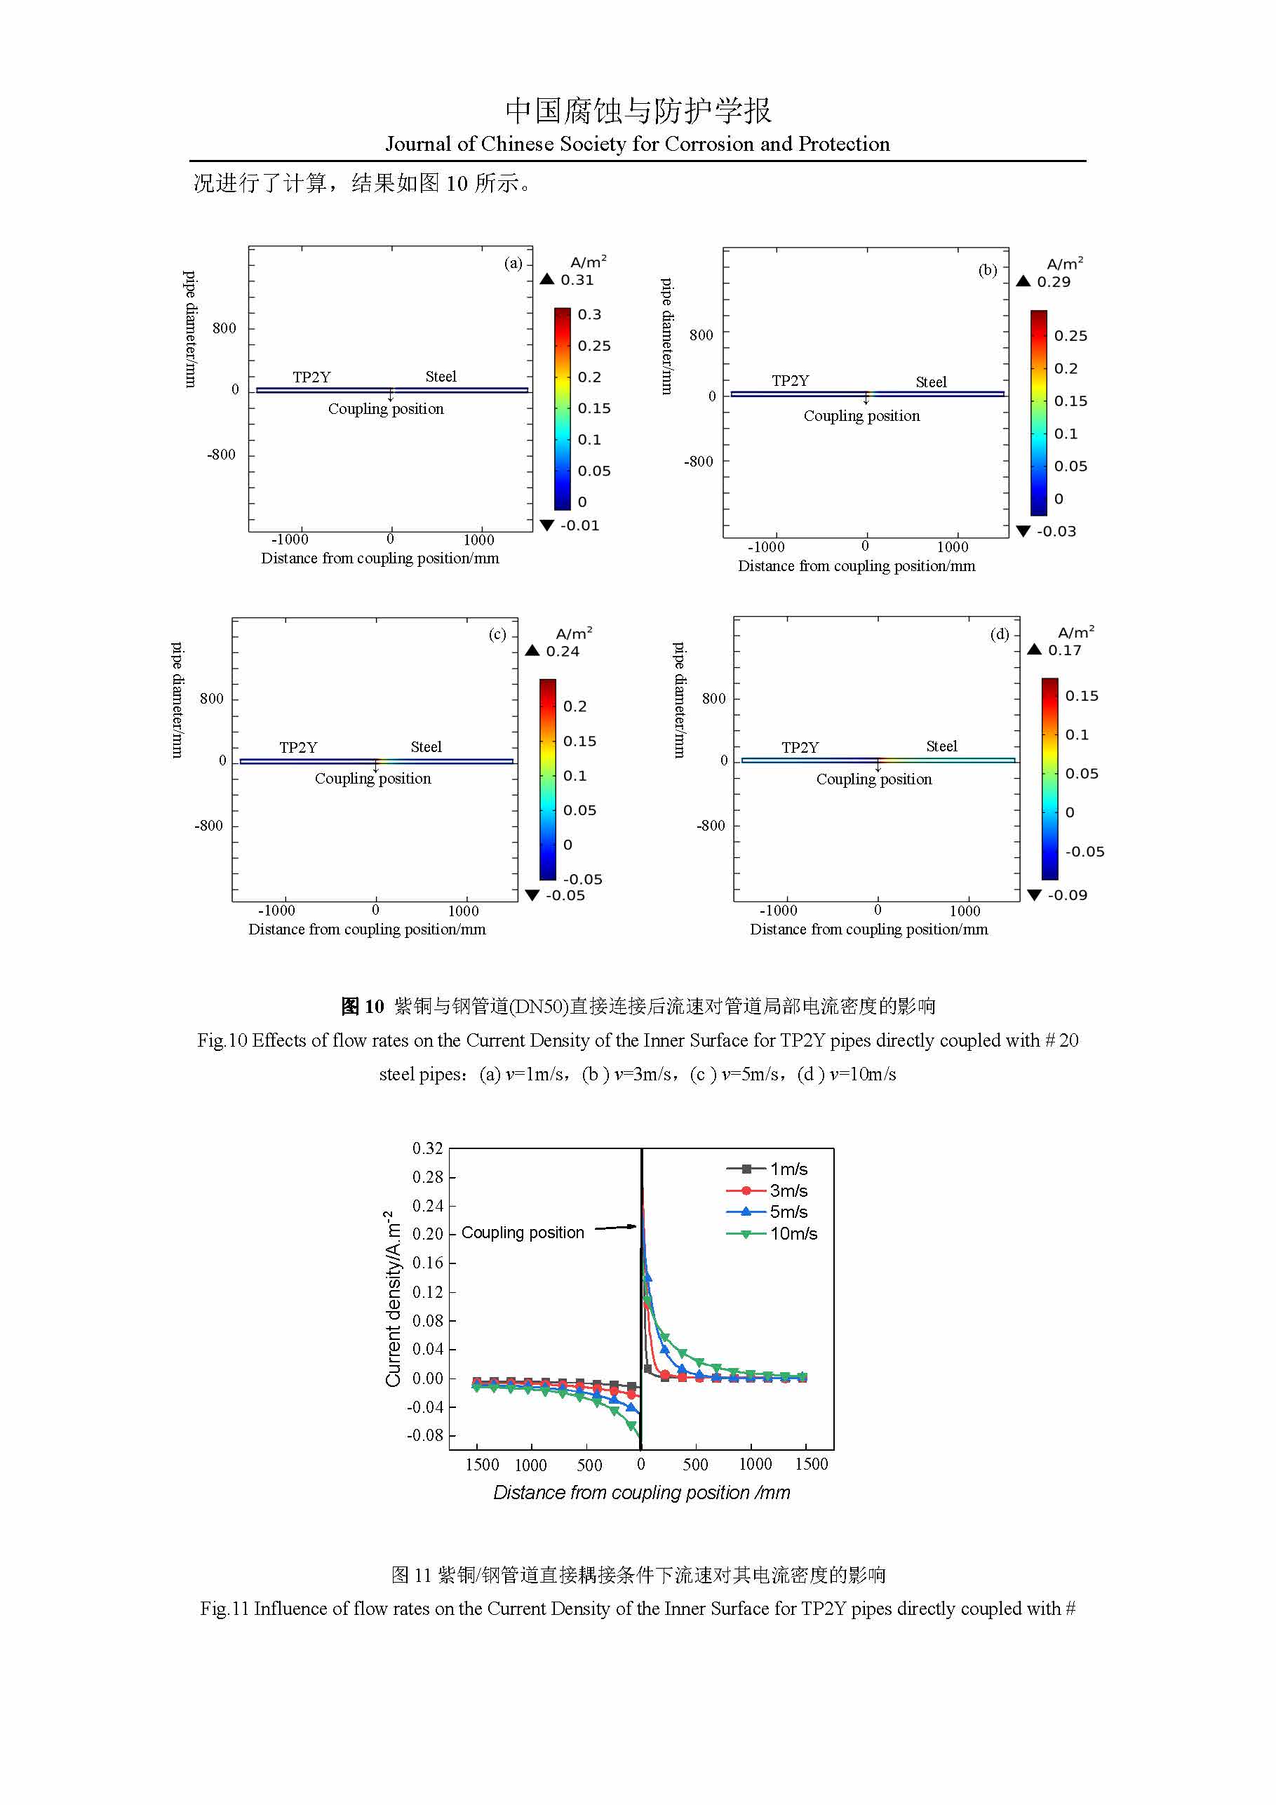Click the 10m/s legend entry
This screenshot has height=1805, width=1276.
click(793, 1233)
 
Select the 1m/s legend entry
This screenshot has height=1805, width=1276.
click(788, 1169)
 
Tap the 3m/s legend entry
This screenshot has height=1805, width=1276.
click(788, 1190)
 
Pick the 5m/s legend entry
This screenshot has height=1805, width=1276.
click(788, 1212)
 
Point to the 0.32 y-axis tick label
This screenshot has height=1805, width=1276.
click(428, 1148)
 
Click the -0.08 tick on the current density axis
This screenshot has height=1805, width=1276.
click(425, 1435)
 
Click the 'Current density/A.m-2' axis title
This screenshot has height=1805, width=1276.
click(392, 1298)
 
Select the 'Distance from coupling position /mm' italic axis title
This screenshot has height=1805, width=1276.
click(642, 1492)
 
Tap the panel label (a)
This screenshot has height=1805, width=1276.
click(513, 263)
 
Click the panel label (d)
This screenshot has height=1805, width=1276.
click(999, 633)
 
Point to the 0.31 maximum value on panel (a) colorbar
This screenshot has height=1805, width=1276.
click(577, 280)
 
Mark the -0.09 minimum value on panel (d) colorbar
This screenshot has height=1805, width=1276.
click(1067, 894)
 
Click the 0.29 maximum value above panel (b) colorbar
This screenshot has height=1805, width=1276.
click(1054, 281)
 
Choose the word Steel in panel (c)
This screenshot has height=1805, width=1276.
click(426, 747)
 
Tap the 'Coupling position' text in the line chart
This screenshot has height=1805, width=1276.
click(523, 1233)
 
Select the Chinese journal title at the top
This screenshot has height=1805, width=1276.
click(638, 111)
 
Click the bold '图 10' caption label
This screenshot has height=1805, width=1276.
click(362, 1006)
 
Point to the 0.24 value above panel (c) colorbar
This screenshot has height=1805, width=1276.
click(563, 651)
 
